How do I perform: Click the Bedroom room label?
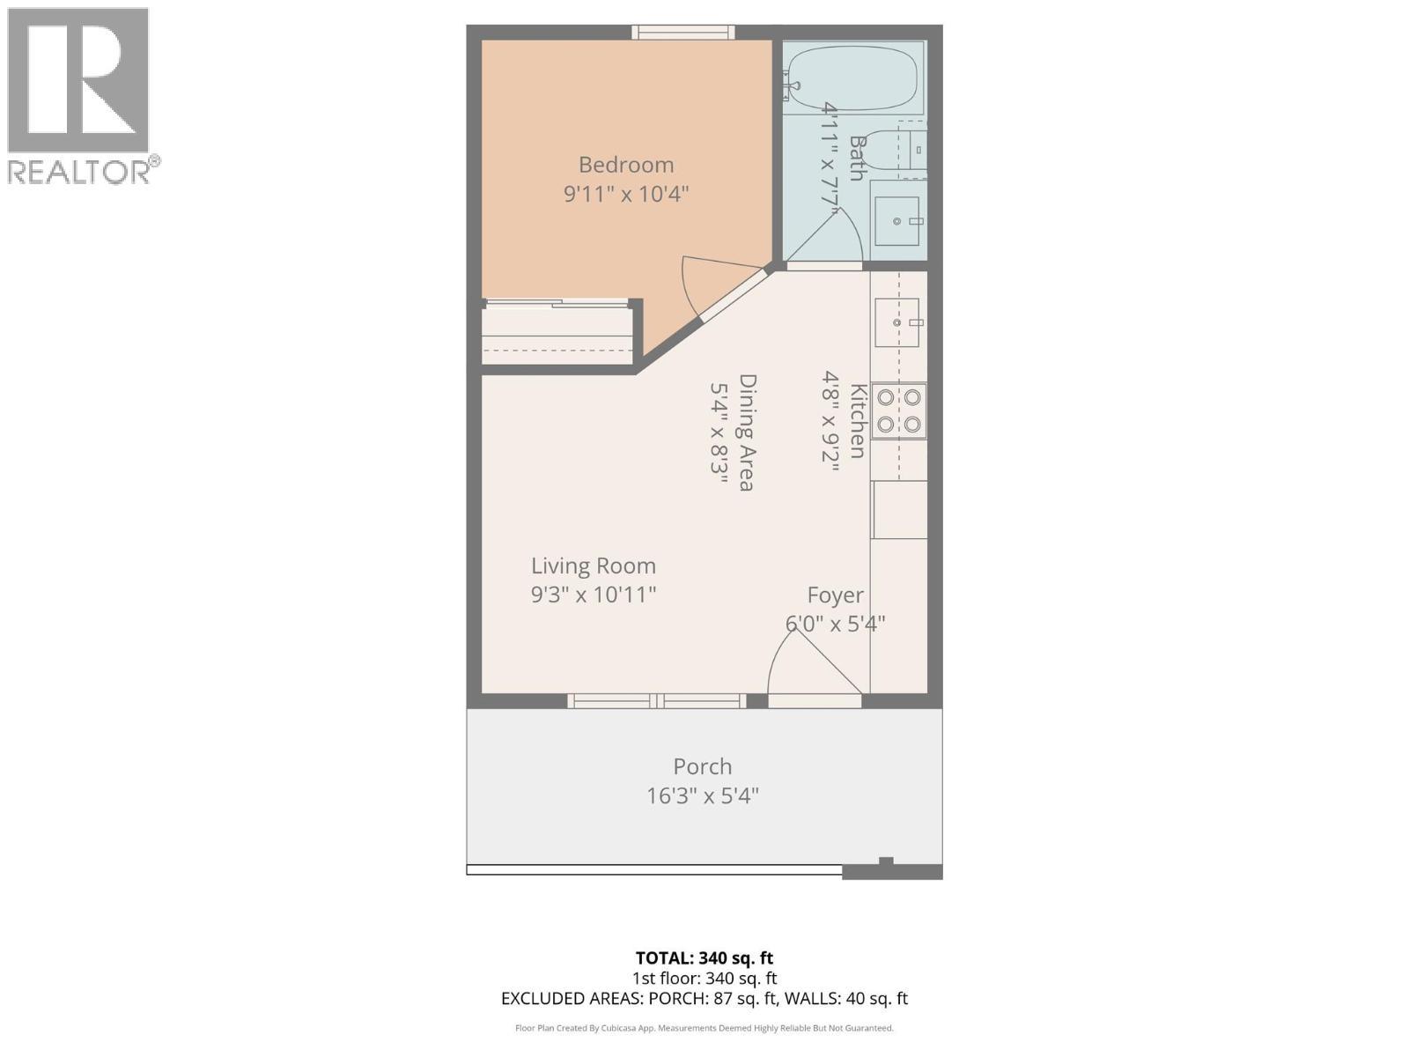click(626, 165)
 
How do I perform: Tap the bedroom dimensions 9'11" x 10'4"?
click(626, 194)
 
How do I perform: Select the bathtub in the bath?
click(852, 79)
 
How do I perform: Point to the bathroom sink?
click(897, 221)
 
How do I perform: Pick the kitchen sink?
click(897, 322)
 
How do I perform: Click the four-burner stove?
click(898, 410)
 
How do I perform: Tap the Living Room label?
click(594, 565)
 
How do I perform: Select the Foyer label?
click(836, 595)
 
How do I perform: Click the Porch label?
click(703, 766)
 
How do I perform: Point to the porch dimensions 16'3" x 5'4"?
click(703, 796)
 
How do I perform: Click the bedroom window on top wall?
click(683, 33)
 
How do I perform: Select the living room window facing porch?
click(657, 701)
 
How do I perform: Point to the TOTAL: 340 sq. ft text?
click(704, 957)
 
